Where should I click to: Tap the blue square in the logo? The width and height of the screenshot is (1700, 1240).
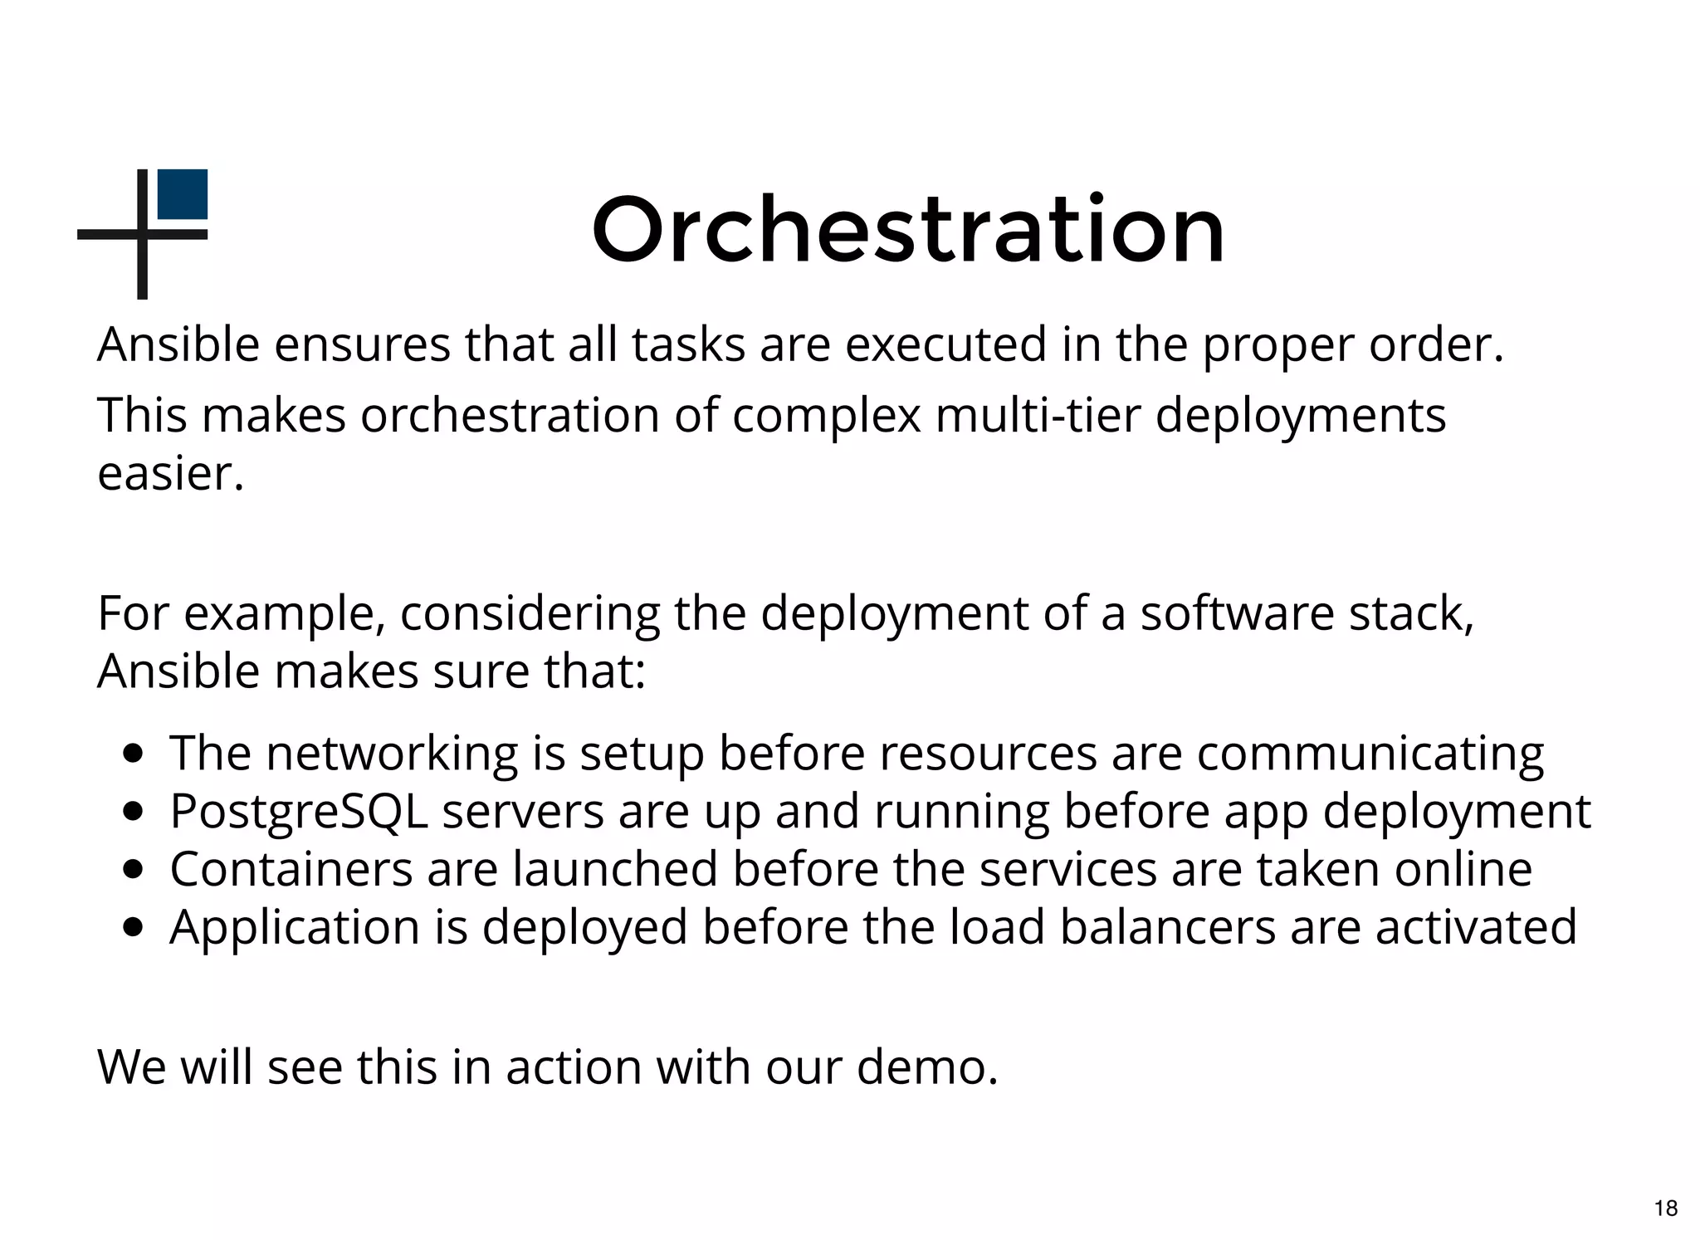coord(183,194)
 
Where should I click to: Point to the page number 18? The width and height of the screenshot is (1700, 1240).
coord(1665,1208)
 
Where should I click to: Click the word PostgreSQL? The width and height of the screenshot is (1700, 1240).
coord(299,812)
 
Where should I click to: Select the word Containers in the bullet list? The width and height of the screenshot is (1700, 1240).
coord(291,869)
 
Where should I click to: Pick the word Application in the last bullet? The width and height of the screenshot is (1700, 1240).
coord(295,927)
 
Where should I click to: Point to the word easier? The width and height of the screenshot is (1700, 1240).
coord(170,474)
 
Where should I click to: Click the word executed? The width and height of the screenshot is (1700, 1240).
coord(945,344)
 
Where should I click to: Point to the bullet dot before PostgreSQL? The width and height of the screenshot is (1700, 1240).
coord(132,812)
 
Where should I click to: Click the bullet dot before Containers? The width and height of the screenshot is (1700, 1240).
coord(132,870)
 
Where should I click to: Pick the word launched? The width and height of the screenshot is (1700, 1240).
coord(614,869)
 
